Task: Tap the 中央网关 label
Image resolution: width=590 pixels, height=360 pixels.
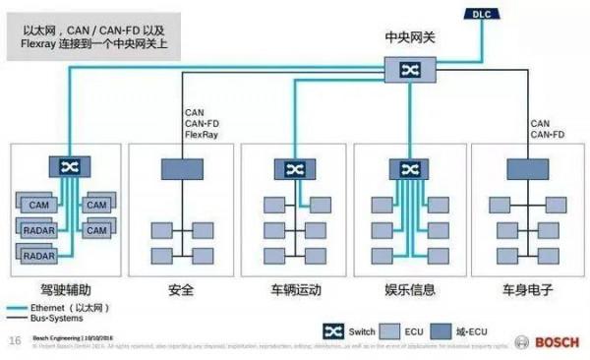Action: pos(407,38)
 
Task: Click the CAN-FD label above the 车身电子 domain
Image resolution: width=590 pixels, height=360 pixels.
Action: pos(548,134)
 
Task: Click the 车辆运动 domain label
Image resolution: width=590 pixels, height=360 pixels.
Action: pos(294,290)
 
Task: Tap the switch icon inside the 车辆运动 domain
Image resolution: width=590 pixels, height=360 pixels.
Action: pos(294,169)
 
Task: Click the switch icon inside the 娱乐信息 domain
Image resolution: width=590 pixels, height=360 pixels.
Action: pos(407,169)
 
